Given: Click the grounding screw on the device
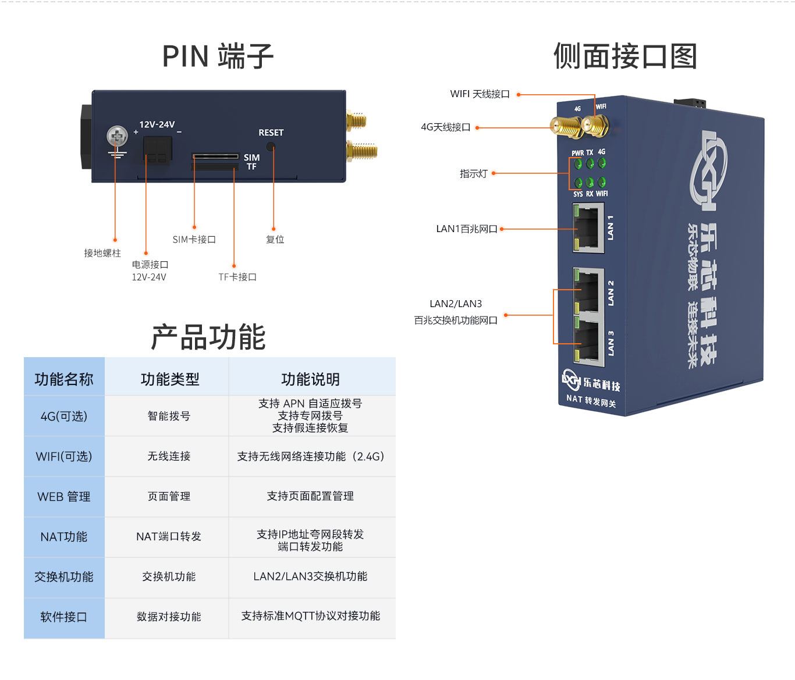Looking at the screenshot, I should coord(117,137).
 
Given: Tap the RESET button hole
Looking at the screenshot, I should coord(271,147).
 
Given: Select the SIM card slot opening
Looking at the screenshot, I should coord(215,156).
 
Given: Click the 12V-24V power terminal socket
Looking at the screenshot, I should coord(157,150).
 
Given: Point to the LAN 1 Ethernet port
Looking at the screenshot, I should coord(588,227).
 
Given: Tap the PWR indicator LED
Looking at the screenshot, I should coord(578,164).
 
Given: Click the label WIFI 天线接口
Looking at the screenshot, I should coord(480,94).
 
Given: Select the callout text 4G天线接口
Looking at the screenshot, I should coord(445,127).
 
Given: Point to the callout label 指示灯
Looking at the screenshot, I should coord(473,174).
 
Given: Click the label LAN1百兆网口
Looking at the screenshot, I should coord(466,229).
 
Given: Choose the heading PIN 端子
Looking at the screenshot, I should coord(218,56).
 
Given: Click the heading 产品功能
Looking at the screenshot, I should coord(208,337).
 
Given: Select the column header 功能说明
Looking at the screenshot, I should coord(311,379).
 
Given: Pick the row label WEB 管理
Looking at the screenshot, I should coord(64,497).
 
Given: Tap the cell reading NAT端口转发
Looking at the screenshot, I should coord(169,536).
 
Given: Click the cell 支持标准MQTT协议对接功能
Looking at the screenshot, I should coord(311,616).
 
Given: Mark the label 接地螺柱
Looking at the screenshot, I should coord(102,253).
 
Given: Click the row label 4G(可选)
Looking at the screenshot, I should coord(64,416).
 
